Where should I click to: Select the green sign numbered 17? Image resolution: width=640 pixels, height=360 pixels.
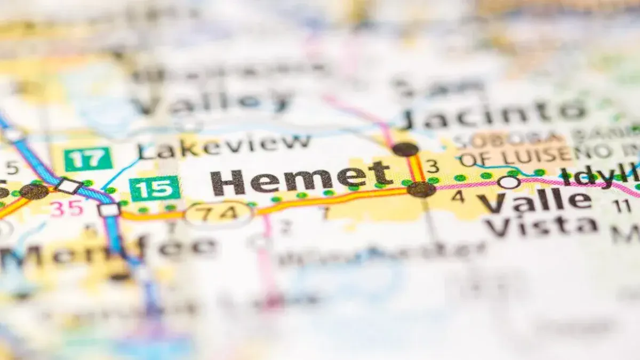[x=88, y=159]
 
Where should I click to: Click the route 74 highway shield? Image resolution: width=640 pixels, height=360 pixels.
[x=219, y=213]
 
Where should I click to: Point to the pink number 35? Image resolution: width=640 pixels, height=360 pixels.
[x=67, y=209]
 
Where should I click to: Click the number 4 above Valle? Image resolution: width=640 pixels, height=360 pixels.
[x=458, y=196]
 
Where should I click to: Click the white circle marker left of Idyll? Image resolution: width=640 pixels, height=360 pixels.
[x=508, y=182]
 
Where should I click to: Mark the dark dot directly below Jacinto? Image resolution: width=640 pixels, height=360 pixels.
[x=405, y=149]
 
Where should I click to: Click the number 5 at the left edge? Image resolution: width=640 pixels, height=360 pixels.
[x=12, y=168]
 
